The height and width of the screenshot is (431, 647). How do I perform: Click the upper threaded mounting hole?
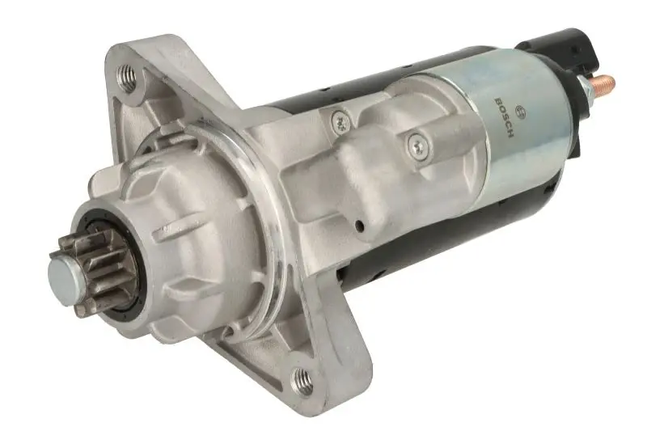127,78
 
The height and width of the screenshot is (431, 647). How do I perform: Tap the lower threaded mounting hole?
302,379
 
